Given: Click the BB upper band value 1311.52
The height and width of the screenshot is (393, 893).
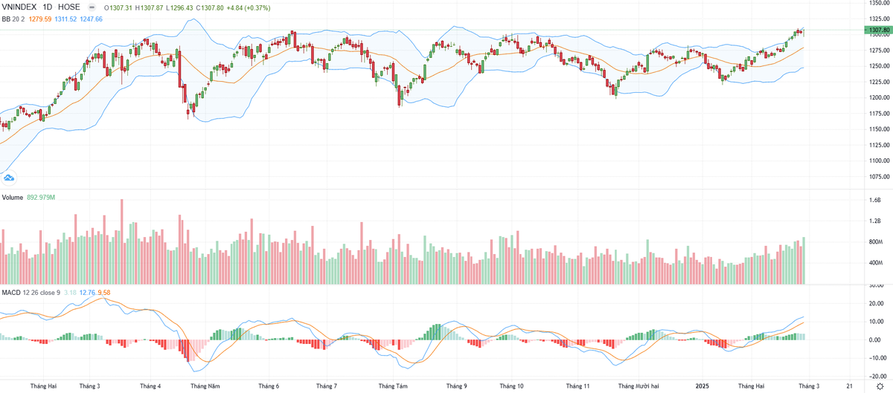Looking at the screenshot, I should point(64,19).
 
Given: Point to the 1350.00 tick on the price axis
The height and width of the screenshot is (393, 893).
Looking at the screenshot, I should point(879,3).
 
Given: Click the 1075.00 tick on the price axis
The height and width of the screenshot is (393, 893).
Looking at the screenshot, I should point(879,177).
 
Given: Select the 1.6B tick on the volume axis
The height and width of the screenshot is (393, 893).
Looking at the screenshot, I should point(875,201).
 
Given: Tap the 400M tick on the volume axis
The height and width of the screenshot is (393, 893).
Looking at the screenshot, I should point(875,263).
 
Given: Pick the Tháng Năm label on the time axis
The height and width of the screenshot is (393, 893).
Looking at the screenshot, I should point(205,386).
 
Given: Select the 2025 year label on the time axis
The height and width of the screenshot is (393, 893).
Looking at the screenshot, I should point(701,386).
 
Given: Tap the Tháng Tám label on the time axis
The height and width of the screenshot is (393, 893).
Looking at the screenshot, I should point(392,386).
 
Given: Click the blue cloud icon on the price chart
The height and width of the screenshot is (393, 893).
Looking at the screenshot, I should point(9,178).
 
